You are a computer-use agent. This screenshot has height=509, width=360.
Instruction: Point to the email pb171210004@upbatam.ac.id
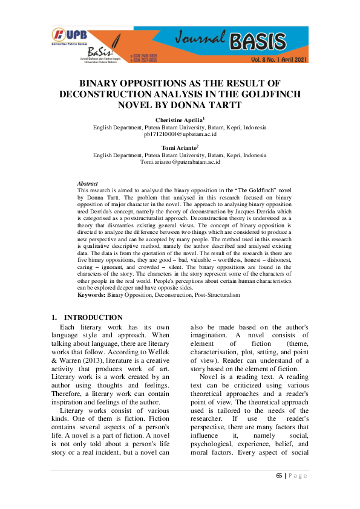tap(180, 134)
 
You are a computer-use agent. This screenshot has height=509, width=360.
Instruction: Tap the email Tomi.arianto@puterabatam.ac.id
tap(180, 162)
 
